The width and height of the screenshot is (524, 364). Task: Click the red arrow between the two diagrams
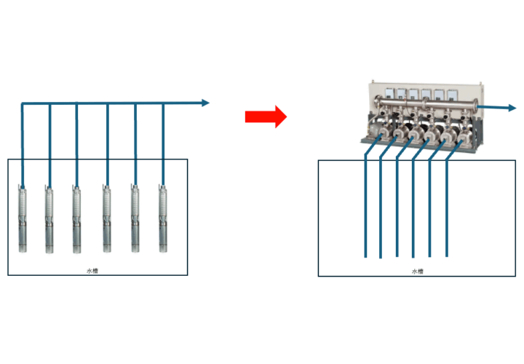(266, 116)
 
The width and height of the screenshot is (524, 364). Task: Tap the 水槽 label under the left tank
(92, 271)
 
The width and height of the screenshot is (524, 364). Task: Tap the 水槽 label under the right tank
(417, 271)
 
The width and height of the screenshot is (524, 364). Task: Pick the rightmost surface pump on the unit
(460, 135)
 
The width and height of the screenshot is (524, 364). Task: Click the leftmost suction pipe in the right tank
(365, 211)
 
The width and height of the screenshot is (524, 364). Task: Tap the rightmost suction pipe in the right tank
(447, 211)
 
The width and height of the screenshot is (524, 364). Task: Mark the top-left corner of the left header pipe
(23, 105)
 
